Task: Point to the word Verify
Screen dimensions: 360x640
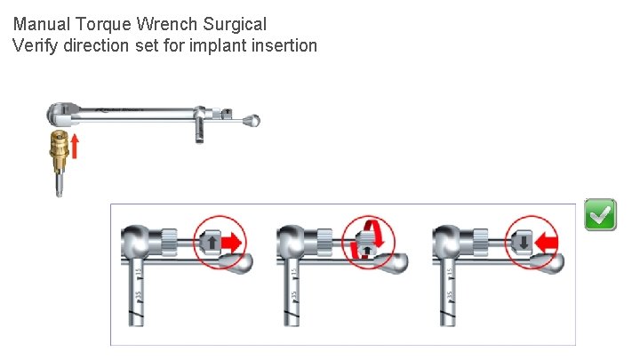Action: pos(36,44)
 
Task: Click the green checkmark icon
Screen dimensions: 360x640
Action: pos(600,215)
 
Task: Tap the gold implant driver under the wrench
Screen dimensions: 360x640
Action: pos(58,156)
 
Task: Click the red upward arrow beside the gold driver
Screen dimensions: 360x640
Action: pos(76,146)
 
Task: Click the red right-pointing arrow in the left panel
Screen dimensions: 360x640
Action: pos(233,240)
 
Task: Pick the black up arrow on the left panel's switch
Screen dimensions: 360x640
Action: pos(212,241)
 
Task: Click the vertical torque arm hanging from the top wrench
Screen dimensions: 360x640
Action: pos(199,130)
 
